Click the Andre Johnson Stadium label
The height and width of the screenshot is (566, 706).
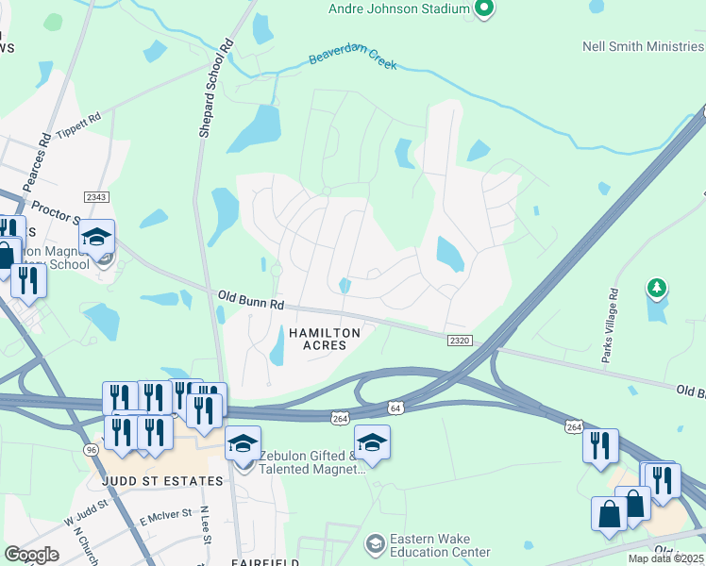(x=398, y=8)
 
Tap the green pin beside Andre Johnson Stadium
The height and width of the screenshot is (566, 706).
(x=484, y=9)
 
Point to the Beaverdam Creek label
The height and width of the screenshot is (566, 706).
(x=353, y=62)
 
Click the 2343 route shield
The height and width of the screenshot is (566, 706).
(x=96, y=196)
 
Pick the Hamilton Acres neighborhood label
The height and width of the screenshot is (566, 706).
(x=325, y=339)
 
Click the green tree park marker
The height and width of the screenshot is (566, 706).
(x=657, y=286)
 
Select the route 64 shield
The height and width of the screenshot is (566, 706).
(x=397, y=408)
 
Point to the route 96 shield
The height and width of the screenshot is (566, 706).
(x=92, y=449)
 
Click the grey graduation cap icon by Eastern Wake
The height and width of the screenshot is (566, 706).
(x=375, y=544)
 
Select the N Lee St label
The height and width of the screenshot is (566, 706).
(x=204, y=525)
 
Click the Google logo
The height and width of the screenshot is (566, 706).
(x=32, y=555)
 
